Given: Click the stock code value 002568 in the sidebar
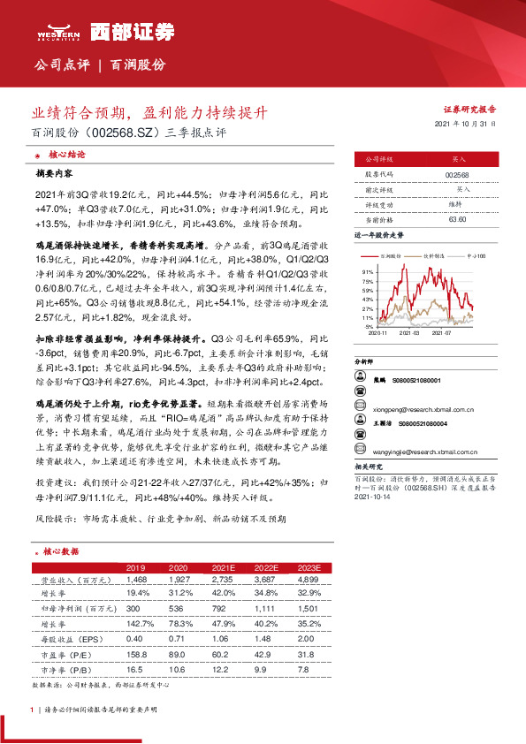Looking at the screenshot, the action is click(457, 175).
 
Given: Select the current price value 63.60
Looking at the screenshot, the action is click(457, 218).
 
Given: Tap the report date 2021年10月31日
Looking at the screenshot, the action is click(473, 125).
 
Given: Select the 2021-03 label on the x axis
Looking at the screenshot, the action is click(410, 334).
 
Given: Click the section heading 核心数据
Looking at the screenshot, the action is click(60, 550).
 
